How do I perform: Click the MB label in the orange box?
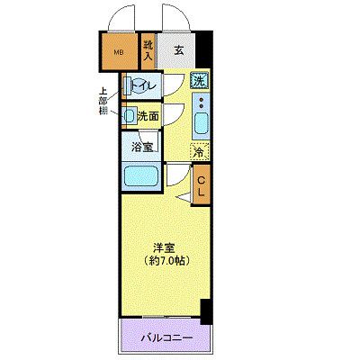point(116,51)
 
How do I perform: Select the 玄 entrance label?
point(179,50)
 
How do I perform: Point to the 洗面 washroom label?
point(148,115)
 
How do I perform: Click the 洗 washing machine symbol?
point(199,81)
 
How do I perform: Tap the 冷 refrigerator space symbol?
point(199,152)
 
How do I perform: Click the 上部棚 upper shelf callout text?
point(106,102)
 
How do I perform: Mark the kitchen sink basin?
point(200,121)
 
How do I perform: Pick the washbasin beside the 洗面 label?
point(130,116)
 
